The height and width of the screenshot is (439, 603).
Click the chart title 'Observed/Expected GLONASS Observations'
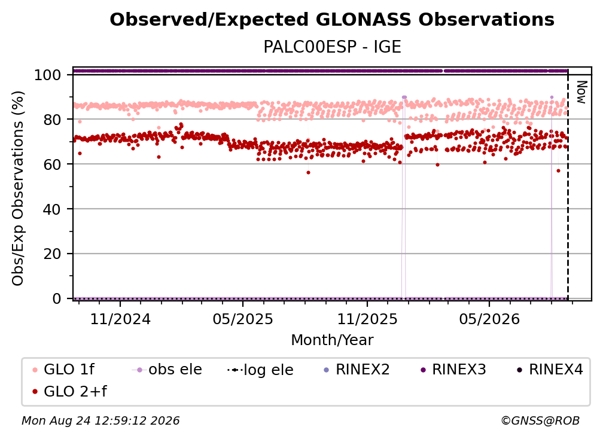pos(332,20)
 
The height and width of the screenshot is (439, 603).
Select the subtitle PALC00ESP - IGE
pos(332,47)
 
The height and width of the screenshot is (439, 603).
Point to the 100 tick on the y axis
pos(48,75)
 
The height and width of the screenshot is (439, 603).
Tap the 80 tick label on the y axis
pos(52,120)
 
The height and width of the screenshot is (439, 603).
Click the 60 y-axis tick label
pos(52,164)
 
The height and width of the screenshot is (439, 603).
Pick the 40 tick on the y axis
pos(52,209)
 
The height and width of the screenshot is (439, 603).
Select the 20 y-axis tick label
pos(52,254)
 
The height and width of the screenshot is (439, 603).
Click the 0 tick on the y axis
pos(57,298)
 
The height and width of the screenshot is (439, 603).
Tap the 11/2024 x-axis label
pos(120,319)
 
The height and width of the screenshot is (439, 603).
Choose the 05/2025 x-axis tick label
pos(243,319)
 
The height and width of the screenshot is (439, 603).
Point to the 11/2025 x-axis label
pos(367,319)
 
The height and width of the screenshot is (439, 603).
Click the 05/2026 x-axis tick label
pos(489,319)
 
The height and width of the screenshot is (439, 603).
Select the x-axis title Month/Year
pos(332,340)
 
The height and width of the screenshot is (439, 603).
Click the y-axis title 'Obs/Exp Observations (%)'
pos(18,188)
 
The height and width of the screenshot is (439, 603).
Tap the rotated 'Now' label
pos(581,92)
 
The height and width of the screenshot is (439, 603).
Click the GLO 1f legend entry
pos(63,370)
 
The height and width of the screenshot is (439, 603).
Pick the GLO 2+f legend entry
pos(69,391)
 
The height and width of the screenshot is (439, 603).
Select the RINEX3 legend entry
pos(453,370)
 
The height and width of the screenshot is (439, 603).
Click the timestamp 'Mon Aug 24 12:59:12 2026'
pos(100,421)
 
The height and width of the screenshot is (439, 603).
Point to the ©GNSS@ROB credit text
pos(540,421)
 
